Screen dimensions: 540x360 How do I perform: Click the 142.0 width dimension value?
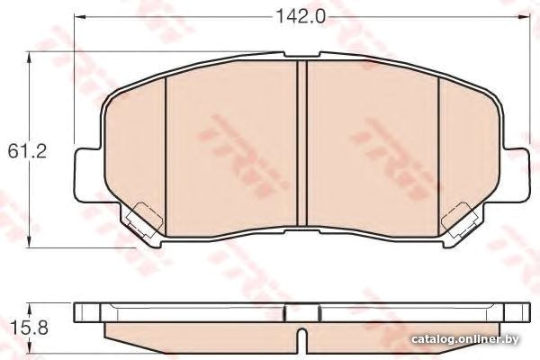click(301, 16)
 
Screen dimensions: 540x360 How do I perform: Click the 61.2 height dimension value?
click(27, 151)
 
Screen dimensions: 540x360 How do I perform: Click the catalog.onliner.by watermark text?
click(465, 339)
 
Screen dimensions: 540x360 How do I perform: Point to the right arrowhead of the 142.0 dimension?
click(524, 16)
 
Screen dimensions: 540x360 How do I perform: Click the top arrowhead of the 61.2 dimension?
click(30, 58)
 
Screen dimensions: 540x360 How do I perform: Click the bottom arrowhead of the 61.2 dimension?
click(30, 242)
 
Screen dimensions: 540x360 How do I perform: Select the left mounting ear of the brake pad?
click(89, 174)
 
